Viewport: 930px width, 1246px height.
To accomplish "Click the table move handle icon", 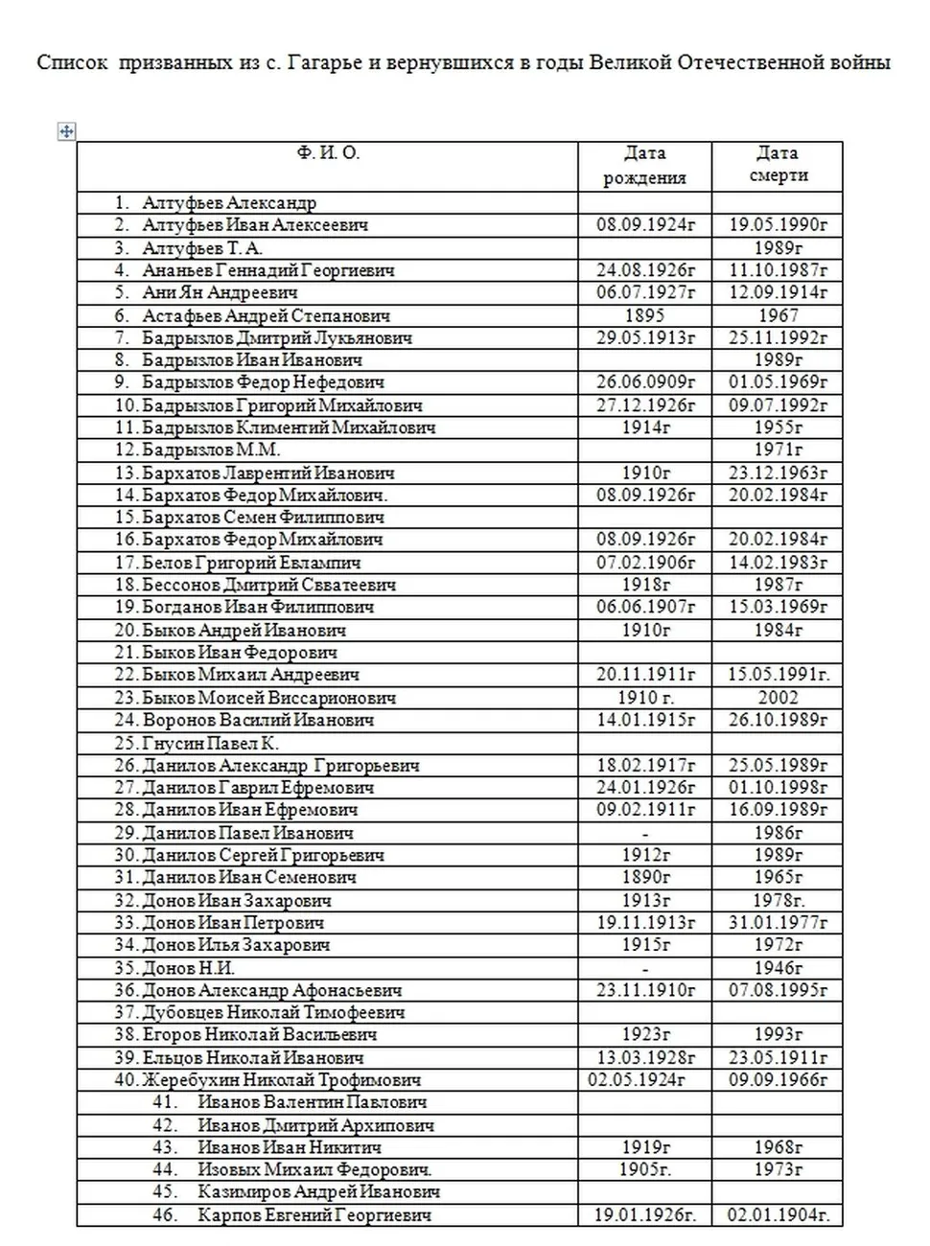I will (x=66, y=131).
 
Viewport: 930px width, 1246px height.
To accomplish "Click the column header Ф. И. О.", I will (x=328, y=153).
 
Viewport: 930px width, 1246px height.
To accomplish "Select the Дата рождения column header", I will (x=644, y=165).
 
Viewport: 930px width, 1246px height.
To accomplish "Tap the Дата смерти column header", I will (x=777, y=164).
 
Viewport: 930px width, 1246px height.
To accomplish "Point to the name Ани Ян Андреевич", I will (x=220, y=292).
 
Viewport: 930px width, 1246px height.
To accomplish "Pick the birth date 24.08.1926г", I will (x=645, y=270).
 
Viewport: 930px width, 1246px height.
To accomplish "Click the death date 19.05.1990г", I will (x=778, y=225).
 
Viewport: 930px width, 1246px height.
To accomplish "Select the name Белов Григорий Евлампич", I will (x=251, y=563).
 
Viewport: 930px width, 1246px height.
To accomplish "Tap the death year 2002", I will (x=778, y=698).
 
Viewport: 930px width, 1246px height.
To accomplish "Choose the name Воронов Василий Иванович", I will (x=258, y=720).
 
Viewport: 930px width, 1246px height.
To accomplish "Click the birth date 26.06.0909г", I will (x=645, y=382).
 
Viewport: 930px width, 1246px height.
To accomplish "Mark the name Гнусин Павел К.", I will (x=210, y=743).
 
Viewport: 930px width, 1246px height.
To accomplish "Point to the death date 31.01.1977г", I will (x=778, y=923).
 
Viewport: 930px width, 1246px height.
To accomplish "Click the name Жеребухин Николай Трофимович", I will (x=281, y=1080).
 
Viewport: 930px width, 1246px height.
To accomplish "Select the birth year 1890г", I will (x=645, y=877).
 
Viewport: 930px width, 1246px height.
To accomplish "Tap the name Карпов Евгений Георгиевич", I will (x=314, y=1215).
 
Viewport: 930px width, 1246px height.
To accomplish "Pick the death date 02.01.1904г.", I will (x=778, y=1215).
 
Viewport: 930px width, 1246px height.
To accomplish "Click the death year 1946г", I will (x=778, y=968).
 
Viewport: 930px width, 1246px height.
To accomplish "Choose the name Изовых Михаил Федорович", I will (x=314, y=1169).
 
